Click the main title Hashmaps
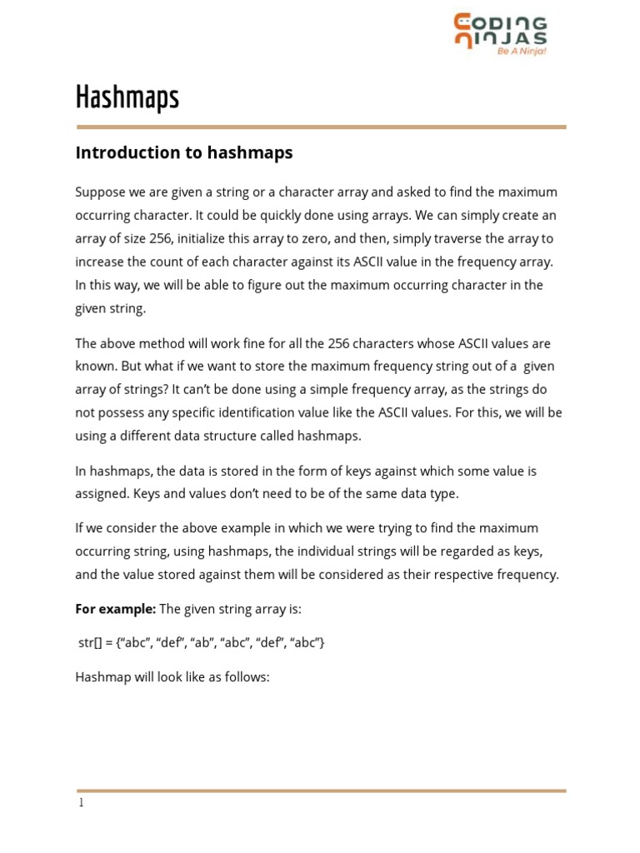(x=127, y=97)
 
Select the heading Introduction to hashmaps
(x=184, y=152)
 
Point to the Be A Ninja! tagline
(x=522, y=51)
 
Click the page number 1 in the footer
(x=81, y=803)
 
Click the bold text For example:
(x=115, y=609)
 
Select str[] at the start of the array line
(x=89, y=643)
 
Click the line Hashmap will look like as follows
(x=172, y=677)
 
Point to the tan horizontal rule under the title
(x=321, y=127)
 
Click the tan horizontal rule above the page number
(x=321, y=790)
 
